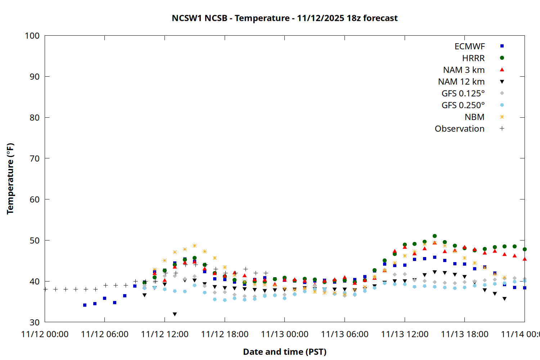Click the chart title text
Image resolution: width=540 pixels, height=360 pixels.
pyautogui.click(x=284, y=18)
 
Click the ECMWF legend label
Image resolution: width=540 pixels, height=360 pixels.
pyautogui.click(x=469, y=46)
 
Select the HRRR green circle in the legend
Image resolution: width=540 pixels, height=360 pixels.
pyautogui.click(x=502, y=58)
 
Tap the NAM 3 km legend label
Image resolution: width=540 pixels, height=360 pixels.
pyautogui.click(x=464, y=70)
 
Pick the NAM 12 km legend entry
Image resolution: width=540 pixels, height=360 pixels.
pyautogui.click(x=461, y=82)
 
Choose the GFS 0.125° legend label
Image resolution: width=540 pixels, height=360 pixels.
pyautogui.click(x=463, y=94)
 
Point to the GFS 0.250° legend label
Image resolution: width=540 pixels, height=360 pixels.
pyautogui.click(x=463, y=105)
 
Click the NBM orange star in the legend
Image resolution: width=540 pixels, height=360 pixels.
pyautogui.click(x=502, y=117)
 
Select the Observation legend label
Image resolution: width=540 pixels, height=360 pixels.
pyautogui.click(x=459, y=129)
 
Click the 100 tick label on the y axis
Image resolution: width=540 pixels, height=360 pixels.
pyautogui.click(x=32, y=36)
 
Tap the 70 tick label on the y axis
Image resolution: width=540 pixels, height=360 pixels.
pyautogui.click(x=35, y=158)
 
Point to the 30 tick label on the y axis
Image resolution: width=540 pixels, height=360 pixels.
pyautogui.click(x=35, y=322)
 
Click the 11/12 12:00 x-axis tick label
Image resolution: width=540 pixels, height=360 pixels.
pyautogui.click(x=165, y=334)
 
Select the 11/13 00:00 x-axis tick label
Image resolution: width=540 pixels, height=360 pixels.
pyautogui.click(x=284, y=334)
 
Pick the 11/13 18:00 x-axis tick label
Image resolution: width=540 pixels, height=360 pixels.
pyautogui.click(x=464, y=334)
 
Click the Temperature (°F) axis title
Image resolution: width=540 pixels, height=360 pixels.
pyautogui.click(x=10, y=179)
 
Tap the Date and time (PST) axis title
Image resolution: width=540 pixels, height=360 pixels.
pyautogui.click(x=284, y=352)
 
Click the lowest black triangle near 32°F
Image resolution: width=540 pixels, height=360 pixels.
pyautogui.click(x=175, y=314)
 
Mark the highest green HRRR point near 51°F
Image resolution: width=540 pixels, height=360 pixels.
pyautogui.click(x=435, y=236)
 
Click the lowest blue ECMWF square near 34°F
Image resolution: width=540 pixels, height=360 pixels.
pyautogui.click(x=85, y=305)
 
